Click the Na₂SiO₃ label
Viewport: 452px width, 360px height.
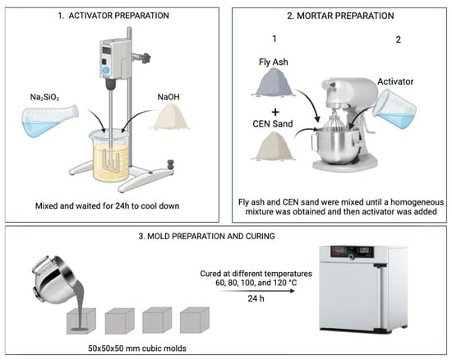44,97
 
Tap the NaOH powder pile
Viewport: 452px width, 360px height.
170,117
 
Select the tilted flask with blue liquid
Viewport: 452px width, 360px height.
50,121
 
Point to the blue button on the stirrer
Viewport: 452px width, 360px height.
106,70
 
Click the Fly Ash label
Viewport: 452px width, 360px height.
274,62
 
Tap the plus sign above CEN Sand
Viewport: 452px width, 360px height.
275,112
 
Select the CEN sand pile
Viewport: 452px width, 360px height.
273,146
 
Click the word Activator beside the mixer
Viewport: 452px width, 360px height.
395,81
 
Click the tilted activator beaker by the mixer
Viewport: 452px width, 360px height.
394,109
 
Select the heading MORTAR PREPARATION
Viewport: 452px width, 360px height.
345,16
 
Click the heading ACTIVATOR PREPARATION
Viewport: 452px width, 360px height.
119,16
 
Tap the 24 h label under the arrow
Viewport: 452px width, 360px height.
256,298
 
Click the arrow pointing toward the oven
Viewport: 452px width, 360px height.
256,291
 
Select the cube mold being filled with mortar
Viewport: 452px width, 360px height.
81,321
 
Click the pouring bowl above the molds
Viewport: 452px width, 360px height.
54,279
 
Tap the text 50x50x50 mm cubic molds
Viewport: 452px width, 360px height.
137,348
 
